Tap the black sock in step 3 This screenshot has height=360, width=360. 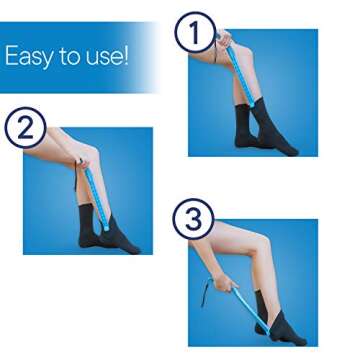tap(290, 320)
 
